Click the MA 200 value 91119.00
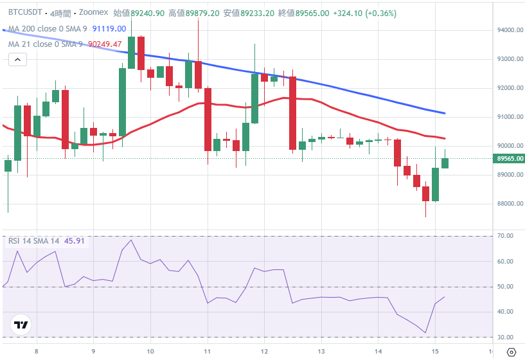tap(109, 28)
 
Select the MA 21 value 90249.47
tap(104, 44)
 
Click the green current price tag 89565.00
tap(510, 159)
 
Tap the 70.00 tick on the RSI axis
tap(506, 236)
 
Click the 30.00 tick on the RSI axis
tap(506, 337)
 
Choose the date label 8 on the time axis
tap(37, 351)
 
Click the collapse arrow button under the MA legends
tap(17, 60)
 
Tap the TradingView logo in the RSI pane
tap(21, 325)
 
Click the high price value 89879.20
tap(202, 13)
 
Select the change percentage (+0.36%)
tap(380, 13)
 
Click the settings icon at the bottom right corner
tap(511, 351)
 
